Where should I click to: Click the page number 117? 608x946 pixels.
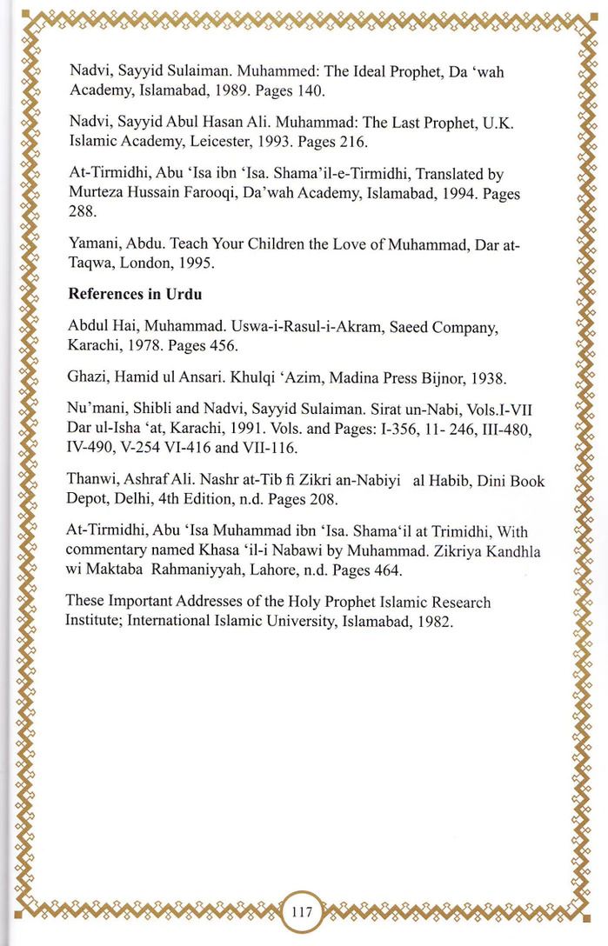coord(302,912)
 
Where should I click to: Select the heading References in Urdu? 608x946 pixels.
coord(135,294)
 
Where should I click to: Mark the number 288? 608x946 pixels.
coord(82,211)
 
